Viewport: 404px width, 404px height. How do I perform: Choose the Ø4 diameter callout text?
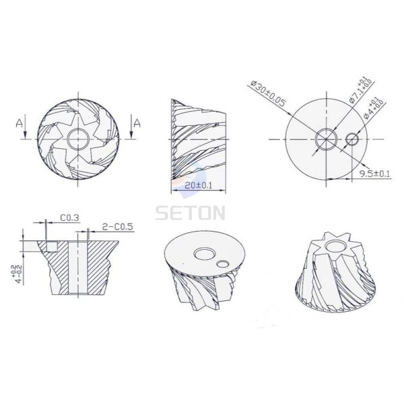375,107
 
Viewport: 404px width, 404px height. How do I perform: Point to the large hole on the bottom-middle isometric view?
202,253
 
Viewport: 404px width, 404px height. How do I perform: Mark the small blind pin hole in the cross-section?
48,246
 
